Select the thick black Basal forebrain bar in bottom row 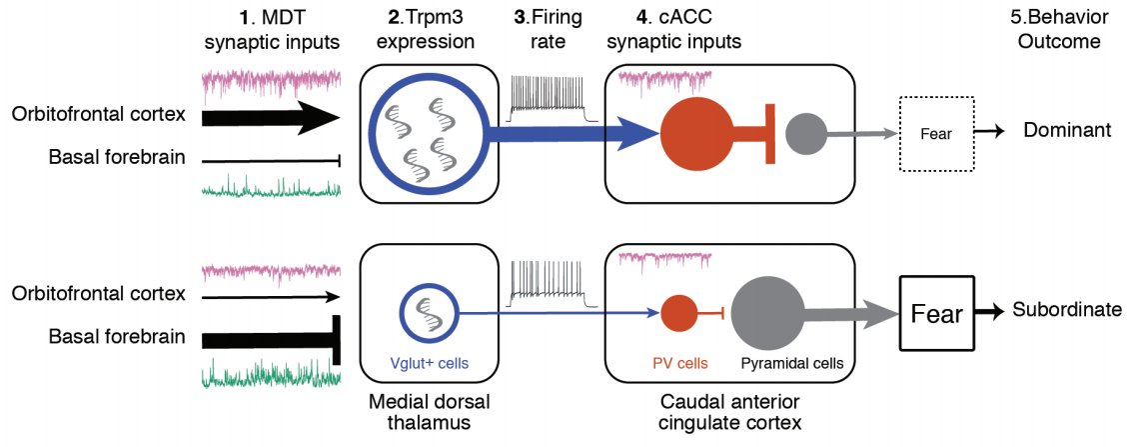click(265, 339)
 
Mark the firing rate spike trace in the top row click(554, 97)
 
